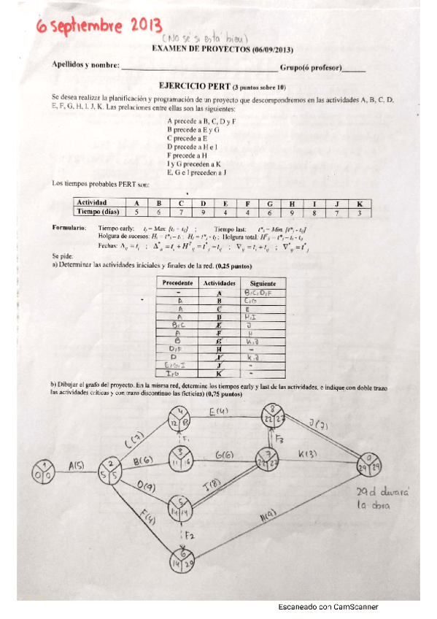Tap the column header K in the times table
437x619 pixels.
click(x=358, y=202)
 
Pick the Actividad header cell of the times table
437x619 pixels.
click(x=93, y=202)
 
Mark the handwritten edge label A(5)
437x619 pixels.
click(x=77, y=467)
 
